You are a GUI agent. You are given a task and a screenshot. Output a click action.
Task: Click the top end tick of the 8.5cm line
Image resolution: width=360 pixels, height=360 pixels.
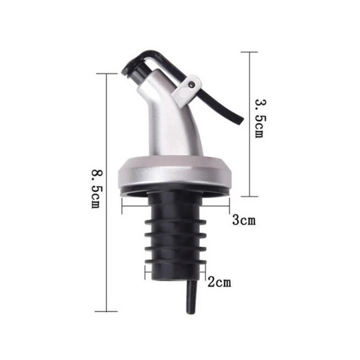point(107,74)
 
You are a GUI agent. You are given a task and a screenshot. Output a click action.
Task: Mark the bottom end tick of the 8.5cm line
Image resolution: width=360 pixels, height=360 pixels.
point(107,311)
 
